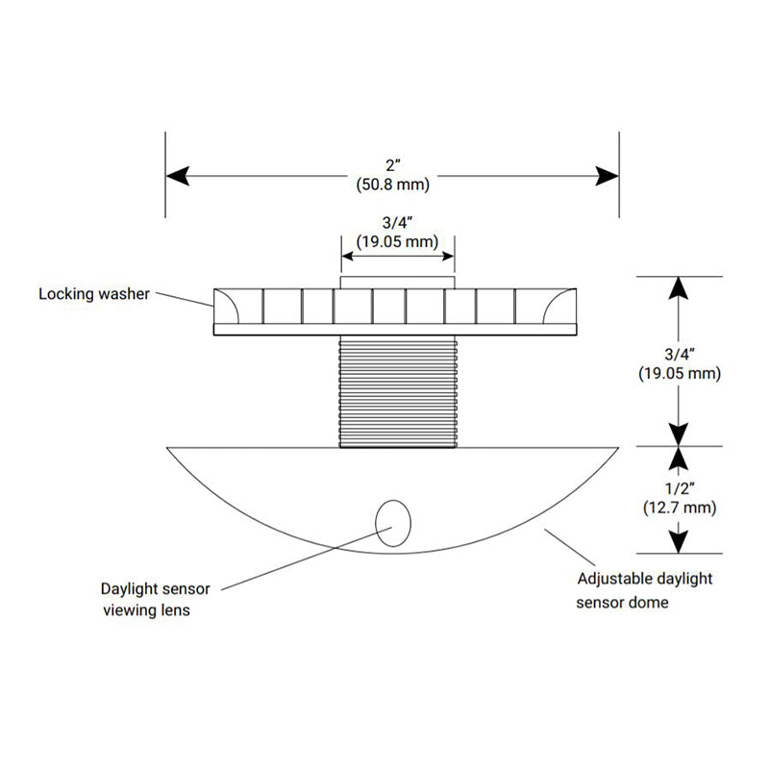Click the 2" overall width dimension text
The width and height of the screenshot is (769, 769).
(391, 163)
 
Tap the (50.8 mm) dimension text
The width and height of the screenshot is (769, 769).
(391, 184)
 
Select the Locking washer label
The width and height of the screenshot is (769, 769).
(94, 293)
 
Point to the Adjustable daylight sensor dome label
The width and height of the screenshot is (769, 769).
(644, 590)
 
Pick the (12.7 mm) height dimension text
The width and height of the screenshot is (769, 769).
(679, 507)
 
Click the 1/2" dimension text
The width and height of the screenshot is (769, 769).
(679, 486)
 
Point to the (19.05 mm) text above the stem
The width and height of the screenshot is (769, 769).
(397, 242)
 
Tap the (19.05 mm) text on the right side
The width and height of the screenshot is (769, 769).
(679, 373)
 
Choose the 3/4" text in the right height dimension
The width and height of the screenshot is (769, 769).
(679, 353)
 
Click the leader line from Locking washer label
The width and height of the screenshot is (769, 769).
(184, 298)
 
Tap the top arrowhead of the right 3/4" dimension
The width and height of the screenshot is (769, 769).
(679, 289)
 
